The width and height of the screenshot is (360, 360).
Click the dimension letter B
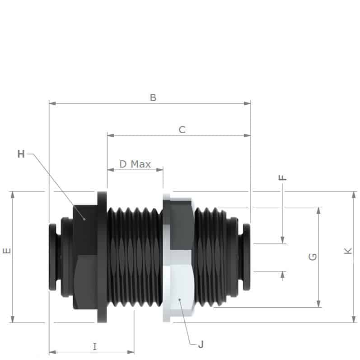click(x=153, y=97)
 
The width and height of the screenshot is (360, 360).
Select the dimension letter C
click(x=182, y=130)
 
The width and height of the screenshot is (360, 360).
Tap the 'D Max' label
click(x=135, y=164)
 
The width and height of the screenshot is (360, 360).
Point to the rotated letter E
click(x=6, y=251)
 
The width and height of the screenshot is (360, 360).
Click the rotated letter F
click(x=283, y=178)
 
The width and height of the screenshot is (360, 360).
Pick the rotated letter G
click(x=312, y=257)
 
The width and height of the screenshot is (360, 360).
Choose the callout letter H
click(x=21, y=154)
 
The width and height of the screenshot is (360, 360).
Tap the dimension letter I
click(x=94, y=346)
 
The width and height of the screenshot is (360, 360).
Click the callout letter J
click(x=201, y=345)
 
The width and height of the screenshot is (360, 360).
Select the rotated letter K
click(x=347, y=251)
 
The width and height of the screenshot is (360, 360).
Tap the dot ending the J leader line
click(x=179, y=299)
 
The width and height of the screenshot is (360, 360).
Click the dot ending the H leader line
click(x=84, y=219)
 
